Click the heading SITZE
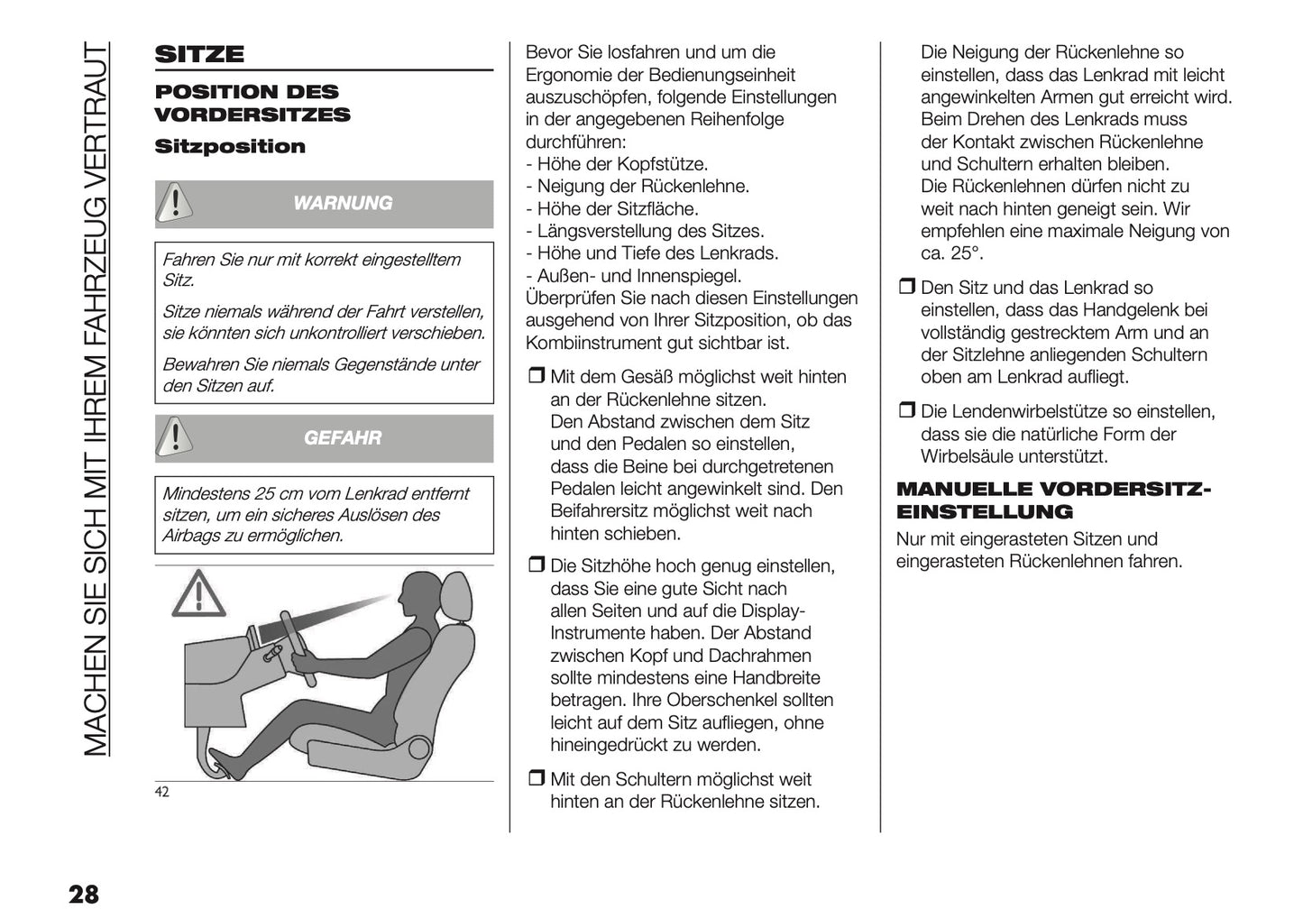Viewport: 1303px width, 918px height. tap(199, 54)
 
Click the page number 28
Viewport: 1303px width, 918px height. tap(83, 895)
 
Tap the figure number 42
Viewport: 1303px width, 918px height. tap(162, 793)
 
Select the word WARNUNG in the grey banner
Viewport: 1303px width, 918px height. tap(343, 204)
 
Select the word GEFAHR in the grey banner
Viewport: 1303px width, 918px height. tap(343, 438)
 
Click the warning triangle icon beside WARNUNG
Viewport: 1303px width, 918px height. tap(175, 203)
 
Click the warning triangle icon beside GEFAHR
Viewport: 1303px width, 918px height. tap(175, 437)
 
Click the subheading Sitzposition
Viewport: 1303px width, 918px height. tap(230, 147)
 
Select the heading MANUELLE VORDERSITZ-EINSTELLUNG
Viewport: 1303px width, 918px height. tap(1053, 500)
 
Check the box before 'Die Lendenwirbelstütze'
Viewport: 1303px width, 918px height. tap(906, 412)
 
